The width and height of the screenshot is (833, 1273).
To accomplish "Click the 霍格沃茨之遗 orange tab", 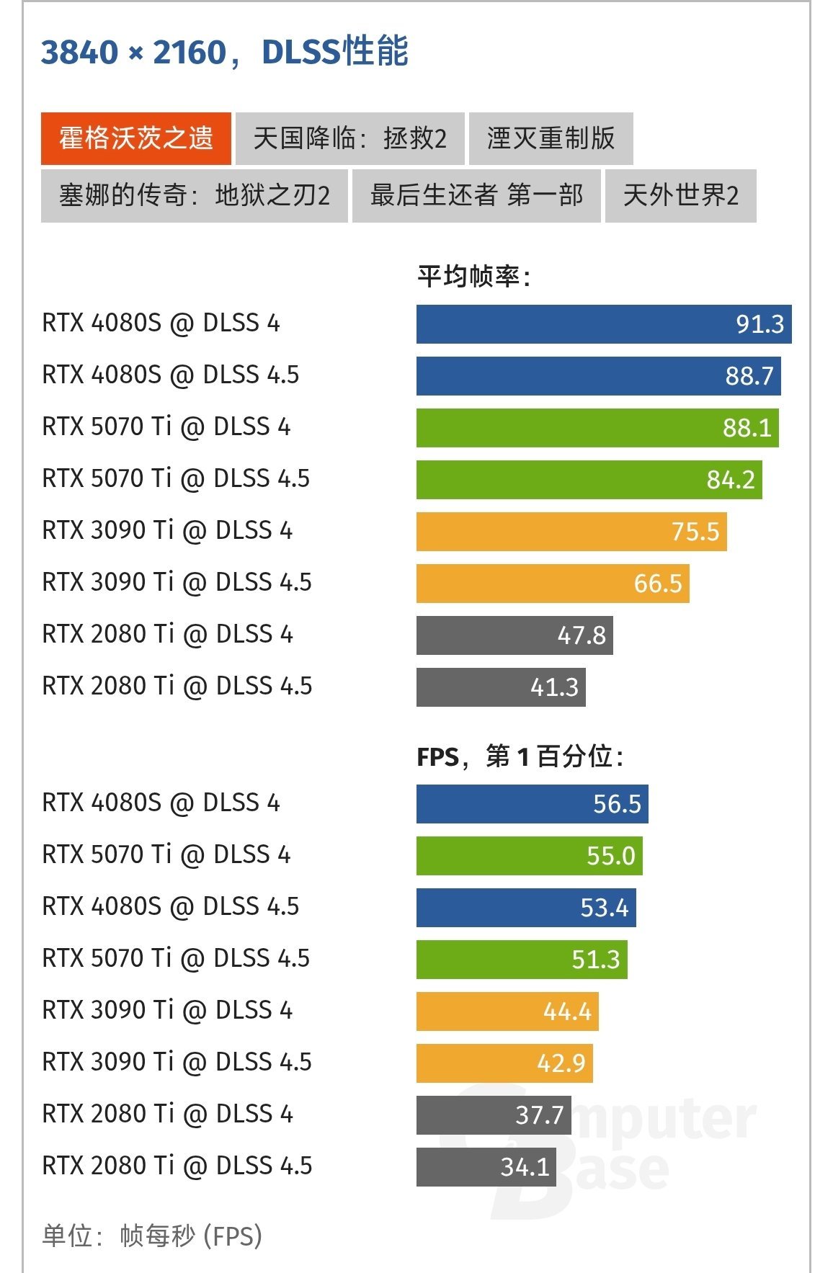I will [135, 138].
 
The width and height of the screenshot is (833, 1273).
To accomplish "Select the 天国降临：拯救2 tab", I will [349, 138].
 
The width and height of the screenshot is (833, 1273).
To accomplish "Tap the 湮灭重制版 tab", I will [551, 138].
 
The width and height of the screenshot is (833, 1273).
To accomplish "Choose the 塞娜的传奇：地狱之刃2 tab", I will [194, 195].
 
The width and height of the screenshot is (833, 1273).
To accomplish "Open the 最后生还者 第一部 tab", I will [476, 195].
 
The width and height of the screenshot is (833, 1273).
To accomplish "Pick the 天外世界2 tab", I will [680, 195].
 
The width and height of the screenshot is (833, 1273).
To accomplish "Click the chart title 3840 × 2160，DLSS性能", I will [224, 52].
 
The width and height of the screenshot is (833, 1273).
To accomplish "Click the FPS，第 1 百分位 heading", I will [520, 756].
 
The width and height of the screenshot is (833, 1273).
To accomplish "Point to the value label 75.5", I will [695, 532].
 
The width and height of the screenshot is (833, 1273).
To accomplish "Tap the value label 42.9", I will [561, 1063].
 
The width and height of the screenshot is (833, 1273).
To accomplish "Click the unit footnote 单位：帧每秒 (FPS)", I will [152, 1236].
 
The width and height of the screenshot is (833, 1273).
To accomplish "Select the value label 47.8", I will [582, 635].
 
